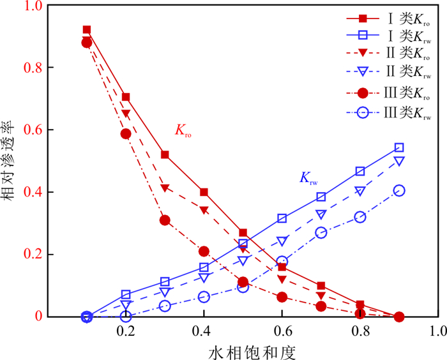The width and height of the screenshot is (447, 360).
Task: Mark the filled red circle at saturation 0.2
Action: click(x=126, y=133)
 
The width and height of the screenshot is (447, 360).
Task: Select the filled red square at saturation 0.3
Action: click(x=165, y=154)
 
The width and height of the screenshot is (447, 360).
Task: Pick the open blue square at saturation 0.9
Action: click(x=399, y=147)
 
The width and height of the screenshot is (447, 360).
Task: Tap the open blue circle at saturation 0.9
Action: click(x=399, y=190)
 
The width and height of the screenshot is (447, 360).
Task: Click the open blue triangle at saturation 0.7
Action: click(x=321, y=214)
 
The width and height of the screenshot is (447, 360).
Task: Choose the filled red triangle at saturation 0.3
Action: click(x=165, y=188)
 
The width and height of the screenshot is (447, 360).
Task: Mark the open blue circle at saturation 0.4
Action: click(x=204, y=297)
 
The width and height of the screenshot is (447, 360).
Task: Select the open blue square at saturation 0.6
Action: click(x=282, y=218)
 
